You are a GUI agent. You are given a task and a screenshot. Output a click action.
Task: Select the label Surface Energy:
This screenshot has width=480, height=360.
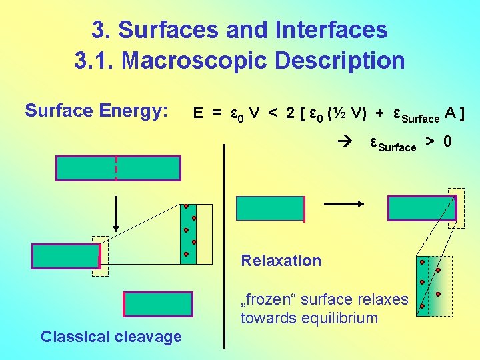(x=96, y=110)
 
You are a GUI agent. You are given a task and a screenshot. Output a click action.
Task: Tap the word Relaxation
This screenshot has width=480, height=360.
(x=281, y=261)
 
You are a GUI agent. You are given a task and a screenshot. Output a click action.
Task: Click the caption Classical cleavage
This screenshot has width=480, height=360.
(x=111, y=337)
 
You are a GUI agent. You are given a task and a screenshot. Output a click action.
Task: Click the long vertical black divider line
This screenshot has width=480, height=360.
(x=225, y=247)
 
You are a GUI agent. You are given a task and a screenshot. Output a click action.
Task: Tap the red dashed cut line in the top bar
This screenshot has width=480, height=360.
(x=117, y=168)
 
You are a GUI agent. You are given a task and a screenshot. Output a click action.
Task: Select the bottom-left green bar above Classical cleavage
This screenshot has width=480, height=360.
(x=158, y=304)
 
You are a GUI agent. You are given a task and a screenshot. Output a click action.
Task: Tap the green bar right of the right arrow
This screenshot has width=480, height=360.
(x=421, y=209)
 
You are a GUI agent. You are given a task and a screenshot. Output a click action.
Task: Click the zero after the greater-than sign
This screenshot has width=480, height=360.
(x=447, y=141)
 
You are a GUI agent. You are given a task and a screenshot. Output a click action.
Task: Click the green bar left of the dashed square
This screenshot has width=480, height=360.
(x=65, y=256)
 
